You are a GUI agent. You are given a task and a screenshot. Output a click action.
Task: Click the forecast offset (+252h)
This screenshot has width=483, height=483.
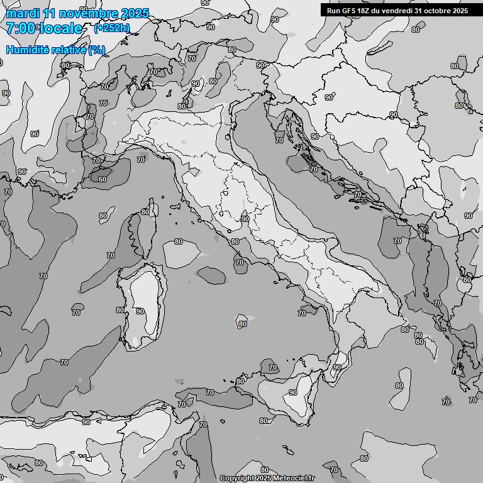(x=112, y=28)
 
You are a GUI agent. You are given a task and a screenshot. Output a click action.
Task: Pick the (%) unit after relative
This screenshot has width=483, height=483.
(x=96, y=50)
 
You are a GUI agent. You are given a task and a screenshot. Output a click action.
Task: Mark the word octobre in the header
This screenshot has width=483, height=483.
(x=438, y=10)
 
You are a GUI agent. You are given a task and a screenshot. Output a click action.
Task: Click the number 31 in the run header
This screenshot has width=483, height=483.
(x=419, y=10)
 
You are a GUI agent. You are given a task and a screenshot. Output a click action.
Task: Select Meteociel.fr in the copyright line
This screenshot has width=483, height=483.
(x=292, y=479)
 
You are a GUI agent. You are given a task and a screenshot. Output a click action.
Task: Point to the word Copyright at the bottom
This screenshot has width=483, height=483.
(x=237, y=479)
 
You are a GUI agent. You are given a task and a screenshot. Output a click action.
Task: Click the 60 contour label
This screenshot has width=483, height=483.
(x=102, y=179)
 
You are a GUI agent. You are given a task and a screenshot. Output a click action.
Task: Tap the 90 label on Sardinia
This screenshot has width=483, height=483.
(x=140, y=311)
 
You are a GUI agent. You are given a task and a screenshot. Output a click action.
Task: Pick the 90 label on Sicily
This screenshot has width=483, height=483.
(x=293, y=392)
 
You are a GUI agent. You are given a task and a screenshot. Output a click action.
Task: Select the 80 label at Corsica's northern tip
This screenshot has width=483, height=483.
(x=145, y=212)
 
